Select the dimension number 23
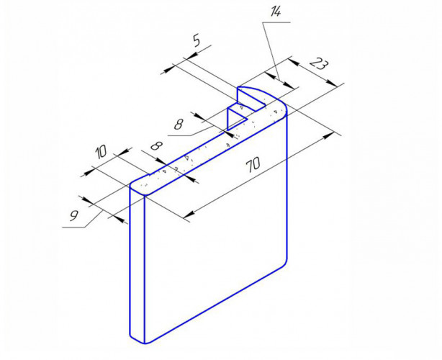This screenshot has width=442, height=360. [x=319, y=64]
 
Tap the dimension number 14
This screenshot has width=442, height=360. [x=275, y=12]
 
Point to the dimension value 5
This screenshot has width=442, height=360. [x=197, y=40]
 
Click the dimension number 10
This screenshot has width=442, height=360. [x=101, y=152]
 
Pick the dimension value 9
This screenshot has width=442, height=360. [x=74, y=216]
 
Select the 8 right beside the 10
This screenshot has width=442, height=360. [x=157, y=146]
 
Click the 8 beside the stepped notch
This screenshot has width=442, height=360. [x=179, y=124]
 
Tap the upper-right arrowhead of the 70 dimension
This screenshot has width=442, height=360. [x=328, y=135]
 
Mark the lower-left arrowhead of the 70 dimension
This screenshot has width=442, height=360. [x=189, y=215]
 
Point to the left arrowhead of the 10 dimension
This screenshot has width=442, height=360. [x=89, y=171]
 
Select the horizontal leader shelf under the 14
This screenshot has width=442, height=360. [x=276, y=22]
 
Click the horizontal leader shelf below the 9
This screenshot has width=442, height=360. [x=73, y=227]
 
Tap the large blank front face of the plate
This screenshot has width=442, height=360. [x=216, y=225]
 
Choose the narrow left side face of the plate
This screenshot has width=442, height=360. [x=137, y=265]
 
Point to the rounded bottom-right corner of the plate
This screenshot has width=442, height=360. [x=284, y=264]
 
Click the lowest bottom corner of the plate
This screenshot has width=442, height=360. [x=145, y=343]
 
